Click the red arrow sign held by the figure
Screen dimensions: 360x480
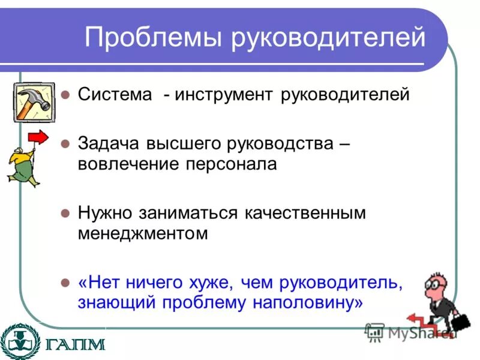pyautogui.click(x=38, y=137)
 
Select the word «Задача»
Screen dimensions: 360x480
pyautogui.click(x=109, y=145)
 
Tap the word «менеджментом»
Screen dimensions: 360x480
pyautogui.click(x=142, y=233)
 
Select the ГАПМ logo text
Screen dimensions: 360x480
pyautogui.click(x=74, y=344)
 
